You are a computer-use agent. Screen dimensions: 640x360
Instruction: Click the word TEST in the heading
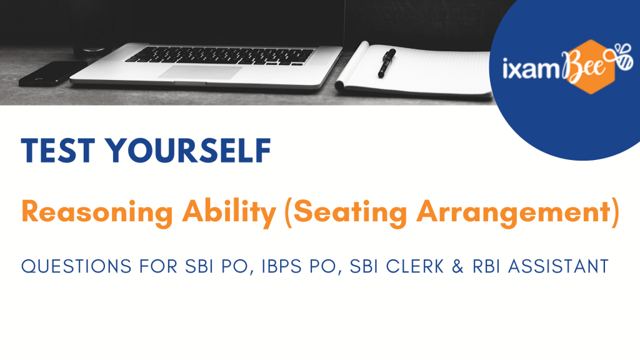[x=58, y=151]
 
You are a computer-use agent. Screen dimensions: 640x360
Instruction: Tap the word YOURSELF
[x=188, y=151]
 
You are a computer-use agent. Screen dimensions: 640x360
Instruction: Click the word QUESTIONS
[x=76, y=266]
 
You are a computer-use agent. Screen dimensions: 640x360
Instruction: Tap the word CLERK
[x=415, y=266]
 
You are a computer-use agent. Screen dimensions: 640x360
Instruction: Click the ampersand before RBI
[x=458, y=266]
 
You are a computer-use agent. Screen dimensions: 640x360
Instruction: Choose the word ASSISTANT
[x=558, y=266]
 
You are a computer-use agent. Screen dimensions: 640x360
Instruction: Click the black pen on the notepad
[x=386, y=62]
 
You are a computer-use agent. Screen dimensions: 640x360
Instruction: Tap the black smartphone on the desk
[x=53, y=74]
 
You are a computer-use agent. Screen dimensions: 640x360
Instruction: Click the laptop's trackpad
[x=200, y=72]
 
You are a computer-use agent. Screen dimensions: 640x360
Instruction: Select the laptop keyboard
[x=221, y=56]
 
